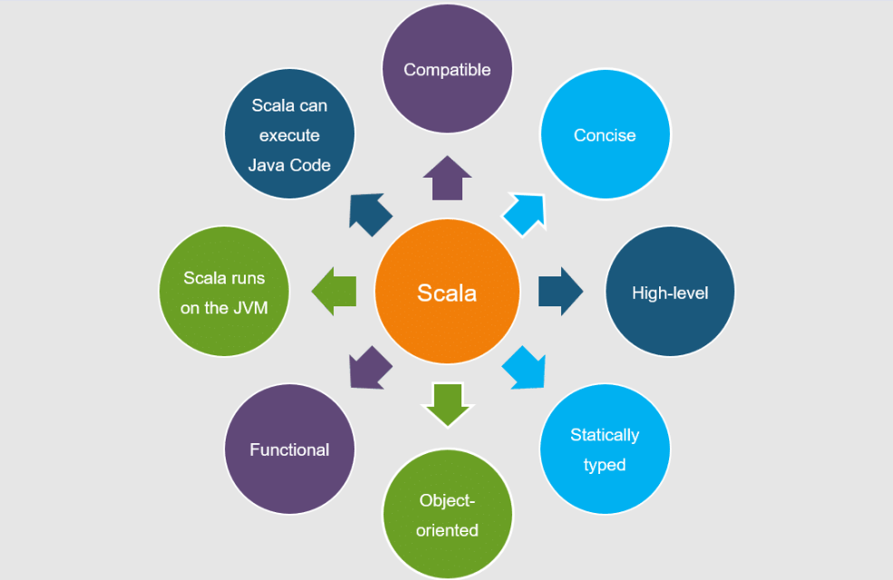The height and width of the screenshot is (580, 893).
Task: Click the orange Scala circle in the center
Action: (447, 292)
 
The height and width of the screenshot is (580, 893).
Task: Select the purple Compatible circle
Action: (447, 70)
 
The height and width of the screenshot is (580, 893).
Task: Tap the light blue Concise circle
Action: (605, 135)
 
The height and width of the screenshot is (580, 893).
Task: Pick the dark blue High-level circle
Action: (669, 292)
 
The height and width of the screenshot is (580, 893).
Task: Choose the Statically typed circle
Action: (605, 449)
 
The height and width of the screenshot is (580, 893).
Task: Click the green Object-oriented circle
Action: (447, 514)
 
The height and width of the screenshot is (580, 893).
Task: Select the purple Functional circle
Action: (289, 449)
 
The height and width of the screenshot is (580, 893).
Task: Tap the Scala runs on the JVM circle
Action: (223, 292)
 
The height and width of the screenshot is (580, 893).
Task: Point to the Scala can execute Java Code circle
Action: (289, 135)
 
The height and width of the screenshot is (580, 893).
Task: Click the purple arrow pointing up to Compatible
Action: (447, 179)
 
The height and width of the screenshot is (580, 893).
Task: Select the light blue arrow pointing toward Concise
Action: (525, 215)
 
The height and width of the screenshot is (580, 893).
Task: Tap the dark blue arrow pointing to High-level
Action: (560, 292)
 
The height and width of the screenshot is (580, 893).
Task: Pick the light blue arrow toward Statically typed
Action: (525, 368)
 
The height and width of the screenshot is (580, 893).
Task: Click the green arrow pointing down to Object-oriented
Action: (447, 404)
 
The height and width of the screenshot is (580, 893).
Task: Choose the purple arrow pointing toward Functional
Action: (370, 368)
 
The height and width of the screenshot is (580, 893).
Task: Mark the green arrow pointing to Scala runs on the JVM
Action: (334, 292)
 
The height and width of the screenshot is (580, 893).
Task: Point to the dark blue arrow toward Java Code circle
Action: (370, 215)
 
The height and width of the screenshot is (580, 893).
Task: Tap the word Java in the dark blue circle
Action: (267, 165)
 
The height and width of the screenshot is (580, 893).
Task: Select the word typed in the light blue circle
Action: (605, 465)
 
